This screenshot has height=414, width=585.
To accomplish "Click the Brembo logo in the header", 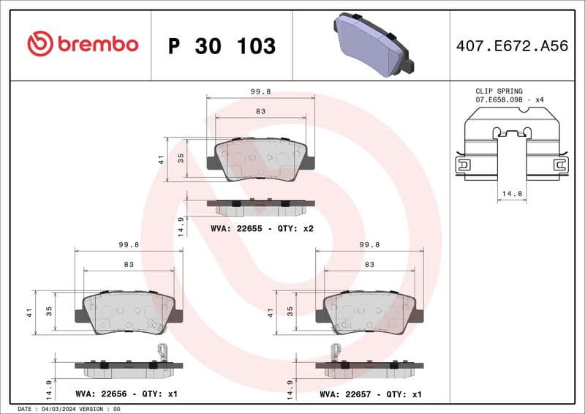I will pyautogui.click(x=82, y=44).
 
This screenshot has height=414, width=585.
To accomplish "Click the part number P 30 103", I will pyautogui.click(x=222, y=46).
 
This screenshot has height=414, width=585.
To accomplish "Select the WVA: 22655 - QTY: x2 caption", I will pyautogui.click(x=262, y=229).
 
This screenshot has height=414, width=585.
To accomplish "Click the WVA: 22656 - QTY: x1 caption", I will pyautogui.click(x=127, y=394).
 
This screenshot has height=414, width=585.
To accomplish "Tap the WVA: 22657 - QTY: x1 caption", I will pyautogui.click(x=371, y=394).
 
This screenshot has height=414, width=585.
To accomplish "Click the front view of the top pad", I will pyautogui.click(x=261, y=159).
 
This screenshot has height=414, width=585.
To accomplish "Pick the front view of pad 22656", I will pyautogui.click(x=129, y=312).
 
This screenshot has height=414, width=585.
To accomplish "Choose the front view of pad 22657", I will pyautogui.click(x=369, y=312).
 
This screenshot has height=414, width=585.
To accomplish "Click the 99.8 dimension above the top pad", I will pyautogui.click(x=261, y=92).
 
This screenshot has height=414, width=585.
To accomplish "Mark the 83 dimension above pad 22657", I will pyautogui.click(x=369, y=264).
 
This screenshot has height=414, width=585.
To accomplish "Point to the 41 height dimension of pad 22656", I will pyautogui.click(x=30, y=312).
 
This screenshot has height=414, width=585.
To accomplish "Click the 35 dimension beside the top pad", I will pyautogui.click(x=180, y=158).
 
